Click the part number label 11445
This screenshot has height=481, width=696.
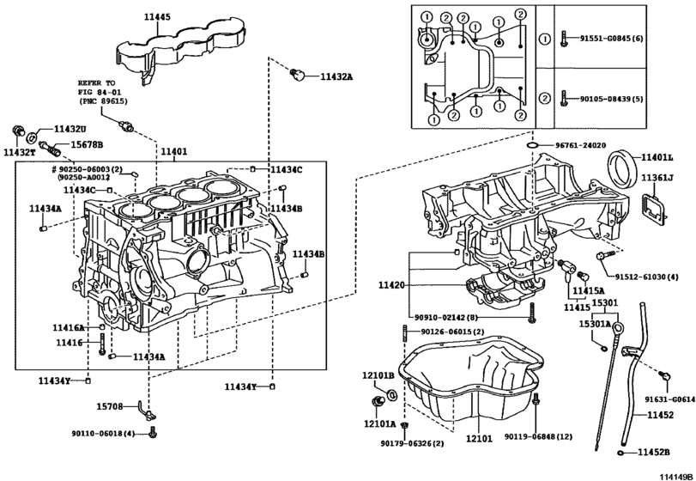point(157,17)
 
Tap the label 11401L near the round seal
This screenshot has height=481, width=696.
point(657,157)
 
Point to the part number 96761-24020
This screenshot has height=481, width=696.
point(581,145)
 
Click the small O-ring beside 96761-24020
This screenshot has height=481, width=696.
point(533,145)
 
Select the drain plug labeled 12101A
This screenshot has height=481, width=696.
point(378,402)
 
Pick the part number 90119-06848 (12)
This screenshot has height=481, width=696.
point(538,436)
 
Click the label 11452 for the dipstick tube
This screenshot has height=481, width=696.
point(660,415)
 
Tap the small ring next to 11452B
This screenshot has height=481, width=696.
point(621,453)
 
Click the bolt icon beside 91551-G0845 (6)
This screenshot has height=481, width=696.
point(564,39)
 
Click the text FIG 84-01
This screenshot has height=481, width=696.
point(100,92)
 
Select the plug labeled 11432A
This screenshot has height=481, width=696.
point(298,75)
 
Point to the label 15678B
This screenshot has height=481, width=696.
point(87,144)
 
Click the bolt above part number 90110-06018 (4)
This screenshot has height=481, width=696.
point(154,431)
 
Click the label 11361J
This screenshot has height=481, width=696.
point(657,178)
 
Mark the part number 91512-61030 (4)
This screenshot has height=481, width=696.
point(647,277)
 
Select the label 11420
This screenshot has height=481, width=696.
point(391,284)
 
